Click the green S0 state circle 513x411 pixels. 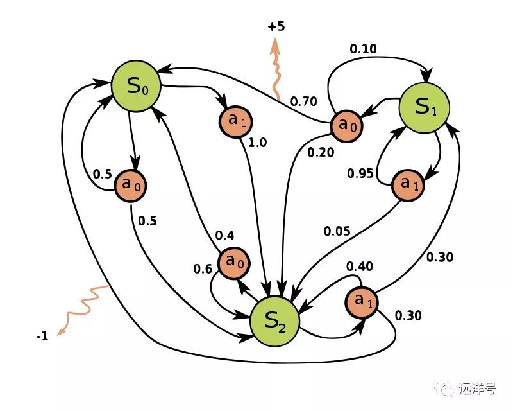[x=135, y=86]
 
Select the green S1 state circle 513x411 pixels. [x=424, y=107]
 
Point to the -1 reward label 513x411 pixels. [x=42, y=336]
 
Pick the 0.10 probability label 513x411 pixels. [x=363, y=48]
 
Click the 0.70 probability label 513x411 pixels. [x=303, y=101]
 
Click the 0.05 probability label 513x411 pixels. [x=337, y=231]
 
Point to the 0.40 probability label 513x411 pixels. [x=360, y=266]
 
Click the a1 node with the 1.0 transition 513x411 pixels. [x=234, y=120]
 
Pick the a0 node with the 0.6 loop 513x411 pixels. [x=235, y=263]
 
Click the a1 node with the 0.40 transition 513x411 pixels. [x=362, y=302]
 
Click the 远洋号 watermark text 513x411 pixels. [x=475, y=389]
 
